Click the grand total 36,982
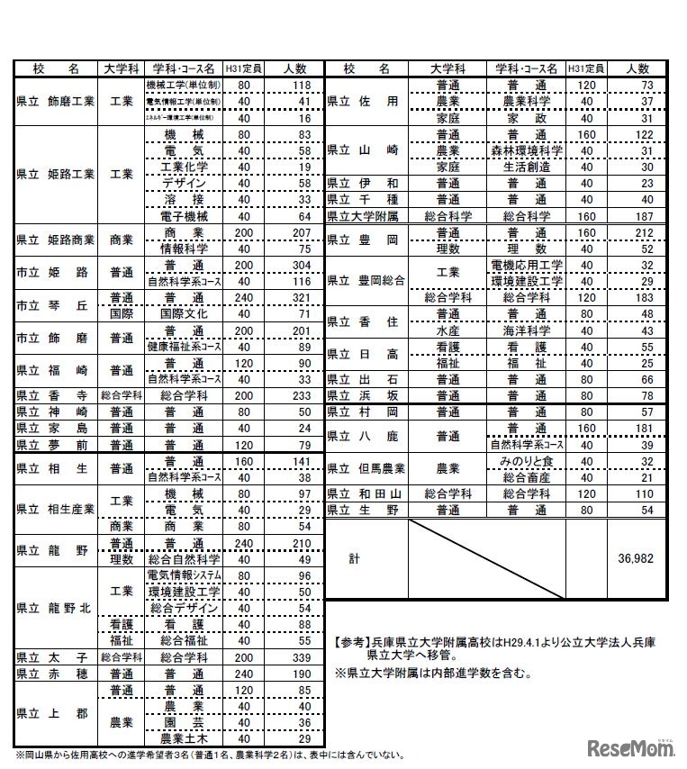(x=636, y=558)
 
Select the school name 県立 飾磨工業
(x=55, y=102)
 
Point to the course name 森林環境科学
(x=527, y=150)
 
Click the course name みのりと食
(x=527, y=461)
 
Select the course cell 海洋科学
(x=527, y=330)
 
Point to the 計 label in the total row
(x=354, y=558)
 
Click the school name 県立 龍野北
(x=55, y=608)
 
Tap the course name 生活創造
(x=527, y=167)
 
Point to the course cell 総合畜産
(x=527, y=477)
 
